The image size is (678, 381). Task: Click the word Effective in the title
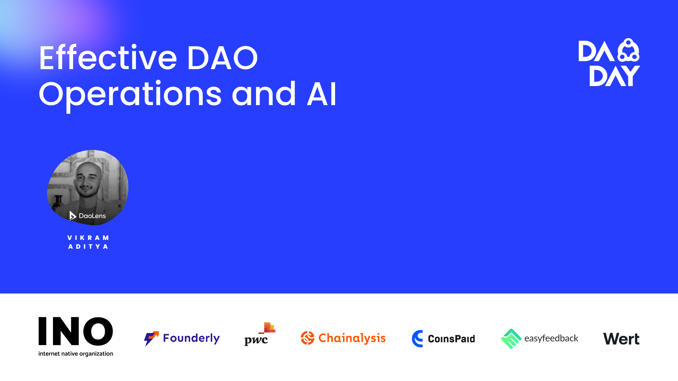click(x=108, y=58)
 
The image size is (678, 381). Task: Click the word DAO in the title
click(x=222, y=58)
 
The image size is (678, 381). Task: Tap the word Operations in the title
click(x=130, y=95)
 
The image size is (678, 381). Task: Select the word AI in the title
click(x=322, y=95)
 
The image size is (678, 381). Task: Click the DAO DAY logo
click(x=609, y=63)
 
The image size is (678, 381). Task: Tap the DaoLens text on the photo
click(x=92, y=216)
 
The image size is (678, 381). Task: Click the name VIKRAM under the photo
click(x=88, y=238)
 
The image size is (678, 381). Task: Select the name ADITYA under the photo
click(x=88, y=247)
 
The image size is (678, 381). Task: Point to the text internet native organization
click(x=76, y=353)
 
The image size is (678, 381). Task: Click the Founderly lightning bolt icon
click(x=151, y=339)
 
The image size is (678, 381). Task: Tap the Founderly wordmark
click(x=191, y=338)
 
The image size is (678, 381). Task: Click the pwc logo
click(x=260, y=334)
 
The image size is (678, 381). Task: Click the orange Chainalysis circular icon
click(x=308, y=338)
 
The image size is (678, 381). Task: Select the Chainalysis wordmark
click(x=352, y=338)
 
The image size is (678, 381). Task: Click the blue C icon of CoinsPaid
click(x=418, y=339)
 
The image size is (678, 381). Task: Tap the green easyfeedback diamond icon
click(x=511, y=339)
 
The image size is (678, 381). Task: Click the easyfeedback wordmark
click(x=551, y=339)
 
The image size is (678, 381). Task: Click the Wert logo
click(x=621, y=339)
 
